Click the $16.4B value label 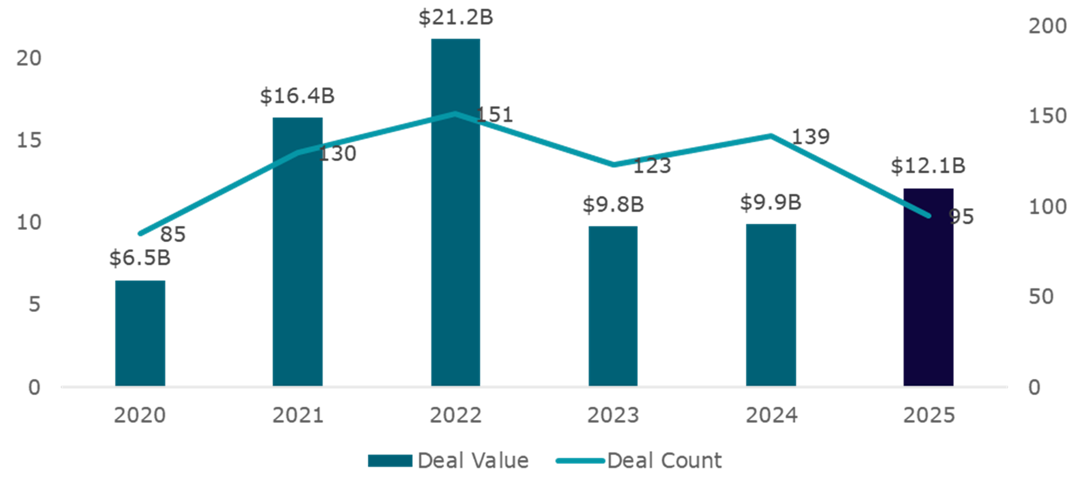(297, 96)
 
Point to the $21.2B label (456, 17)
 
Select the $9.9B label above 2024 (771, 203)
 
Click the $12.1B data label (928, 166)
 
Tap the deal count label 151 (495, 114)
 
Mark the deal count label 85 (173, 235)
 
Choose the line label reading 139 (811, 137)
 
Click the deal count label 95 (961, 217)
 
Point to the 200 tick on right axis (1047, 26)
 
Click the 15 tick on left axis (29, 140)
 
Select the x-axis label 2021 (297, 415)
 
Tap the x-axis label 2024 (771, 415)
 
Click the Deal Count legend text (664, 460)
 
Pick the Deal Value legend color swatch (390, 460)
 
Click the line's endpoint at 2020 (140, 233)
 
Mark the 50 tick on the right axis (1040, 297)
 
